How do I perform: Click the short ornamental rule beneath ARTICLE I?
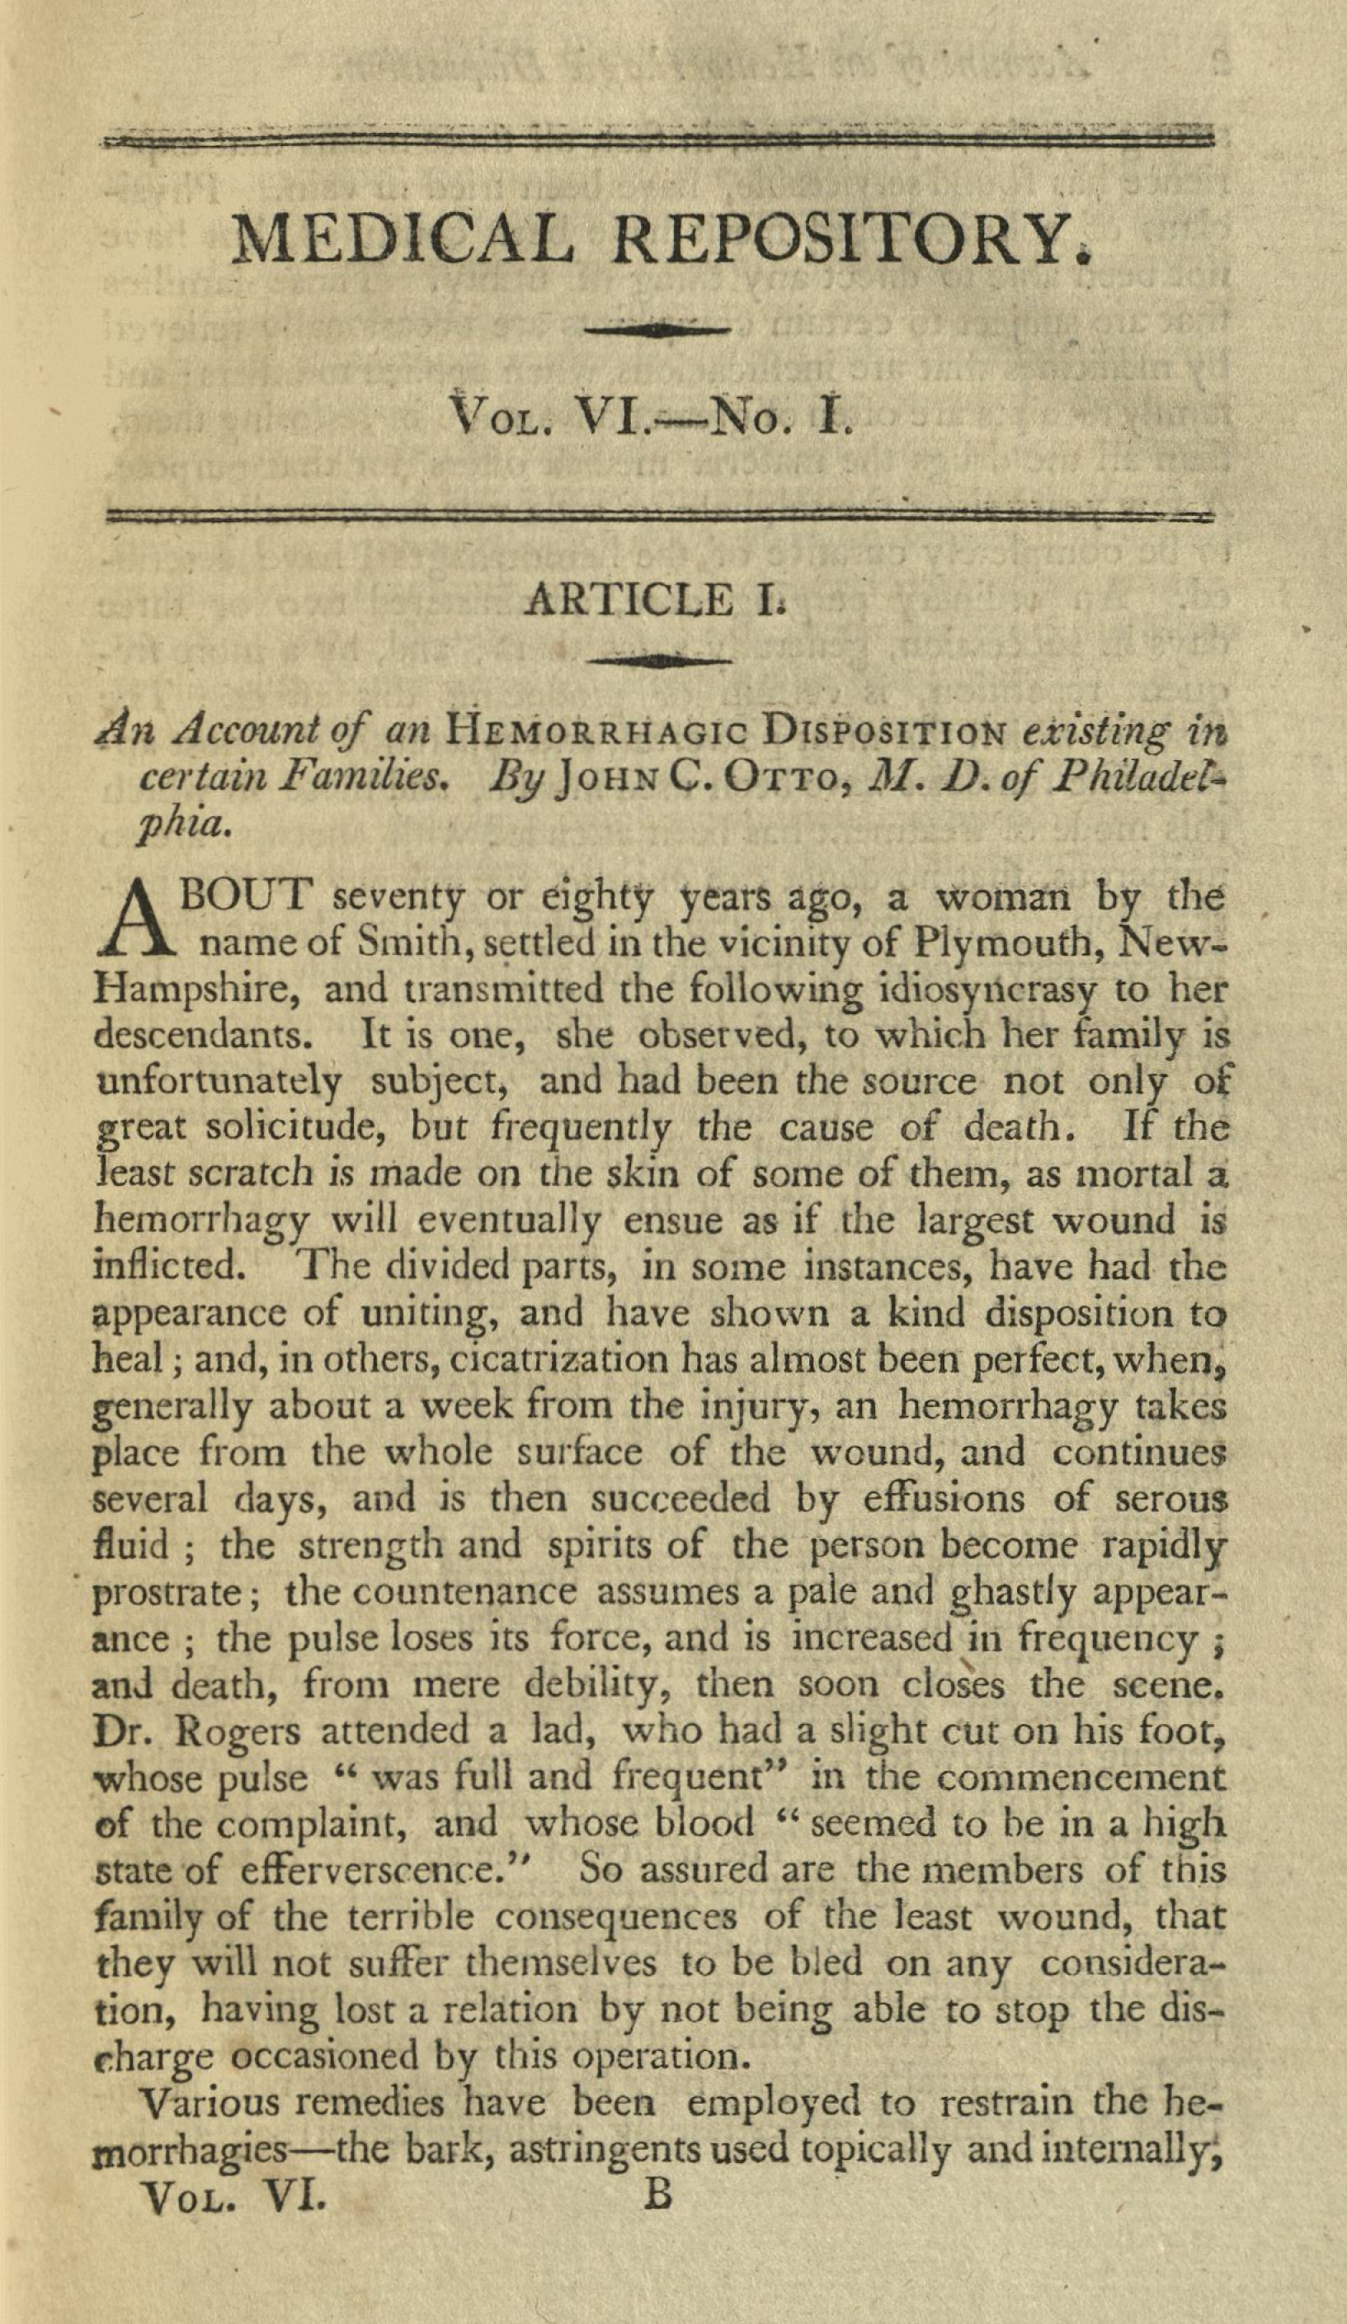click(x=659, y=660)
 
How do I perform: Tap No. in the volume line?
click(x=749, y=423)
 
